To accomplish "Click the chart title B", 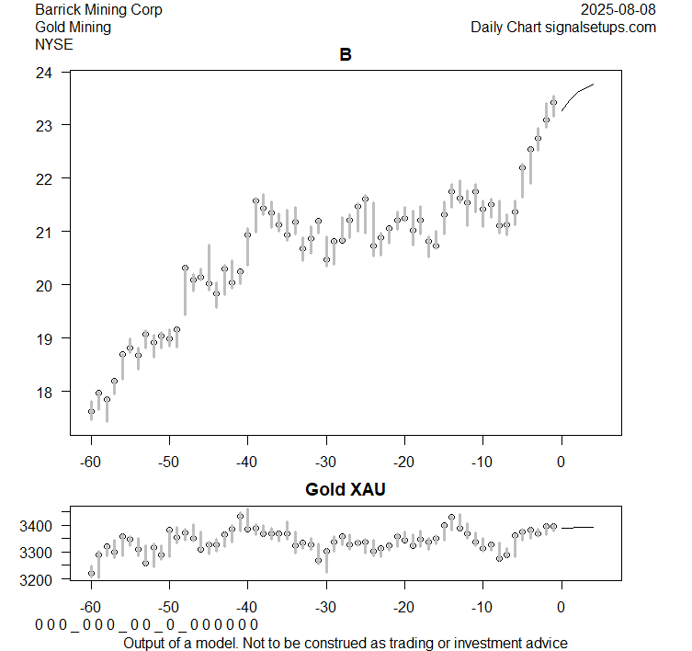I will (x=346, y=55).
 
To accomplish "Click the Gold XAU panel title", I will (x=346, y=490).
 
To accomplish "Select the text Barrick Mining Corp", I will (x=98, y=10).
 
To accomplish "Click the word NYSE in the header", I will (x=54, y=44).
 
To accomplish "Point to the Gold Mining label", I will (x=73, y=28).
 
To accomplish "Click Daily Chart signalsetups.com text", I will (x=563, y=28).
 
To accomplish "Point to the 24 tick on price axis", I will (x=43, y=72).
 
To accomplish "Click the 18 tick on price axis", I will (x=43, y=392).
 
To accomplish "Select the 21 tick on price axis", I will (x=43, y=232).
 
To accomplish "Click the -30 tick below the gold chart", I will (x=325, y=608).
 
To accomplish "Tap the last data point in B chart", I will (x=553, y=102).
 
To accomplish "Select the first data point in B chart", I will (x=91, y=412).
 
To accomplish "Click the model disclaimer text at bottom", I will (x=345, y=642).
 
